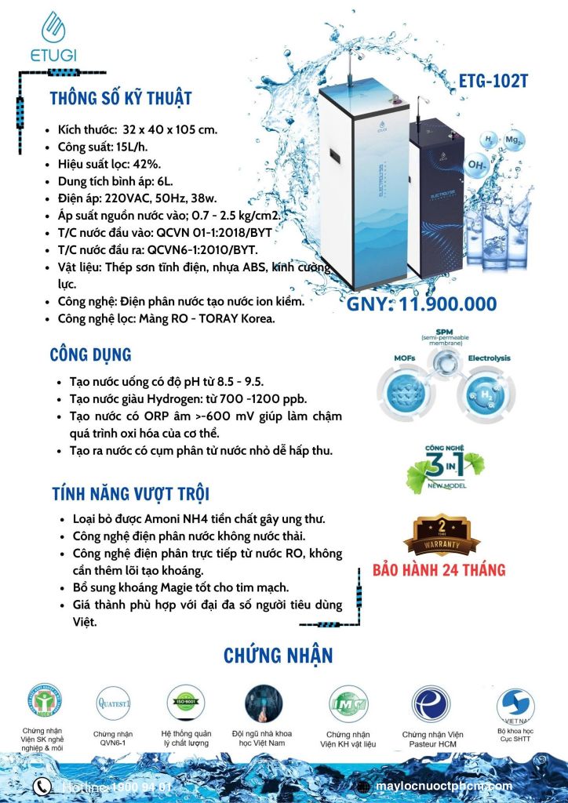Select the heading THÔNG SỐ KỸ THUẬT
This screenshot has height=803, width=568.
click(120, 99)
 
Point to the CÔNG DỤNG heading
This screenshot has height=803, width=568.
click(90, 354)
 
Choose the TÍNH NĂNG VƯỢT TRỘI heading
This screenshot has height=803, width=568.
click(129, 494)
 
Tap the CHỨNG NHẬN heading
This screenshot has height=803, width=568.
click(279, 655)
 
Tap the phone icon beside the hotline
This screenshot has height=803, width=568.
click(42, 786)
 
